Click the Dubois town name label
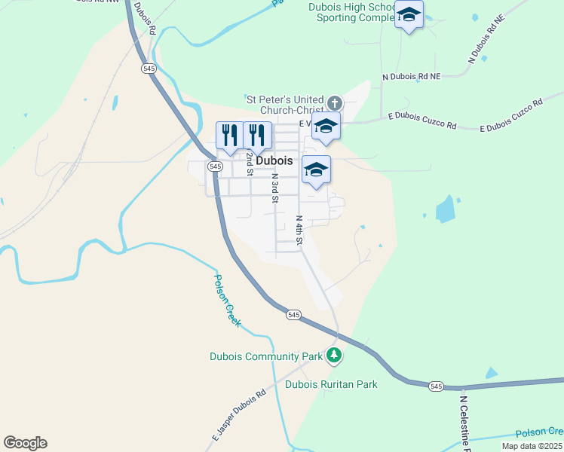(x=274, y=161)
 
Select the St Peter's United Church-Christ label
(x=285, y=105)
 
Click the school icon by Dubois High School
(x=409, y=15)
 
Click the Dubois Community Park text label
(x=266, y=356)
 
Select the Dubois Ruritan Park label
(x=331, y=384)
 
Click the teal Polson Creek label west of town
(x=227, y=299)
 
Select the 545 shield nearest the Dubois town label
(x=216, y=166)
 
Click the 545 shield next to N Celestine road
(x=436, y=386)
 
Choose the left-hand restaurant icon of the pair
(x=230, y=136)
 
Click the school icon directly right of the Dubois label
(x=316, y=169)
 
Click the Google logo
(x=25, y=443)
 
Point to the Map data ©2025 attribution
(x=532, y=446)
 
